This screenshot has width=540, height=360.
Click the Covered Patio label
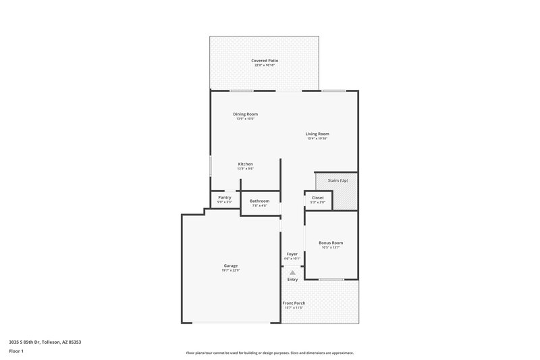[x=265, y=61]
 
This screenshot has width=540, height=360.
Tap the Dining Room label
[x=245, y=114]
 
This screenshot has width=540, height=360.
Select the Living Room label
[x=317, y=134]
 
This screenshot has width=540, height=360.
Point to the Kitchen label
[x=245, y=164]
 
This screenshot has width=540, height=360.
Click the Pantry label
[x=225, y=197]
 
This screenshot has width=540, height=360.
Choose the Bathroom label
[x=259, y=201]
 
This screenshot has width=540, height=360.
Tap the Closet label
[x=317, y=198]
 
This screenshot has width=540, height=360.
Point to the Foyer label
[x=292, y=254]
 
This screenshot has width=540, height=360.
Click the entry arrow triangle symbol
[x=292, y=272]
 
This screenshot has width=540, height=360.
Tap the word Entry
[x=292, y=280]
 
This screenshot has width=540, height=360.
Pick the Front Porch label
[x=294, y=303]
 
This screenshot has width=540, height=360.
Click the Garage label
[x=230, y=265]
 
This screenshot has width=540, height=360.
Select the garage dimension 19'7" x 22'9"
[x=230, y=270]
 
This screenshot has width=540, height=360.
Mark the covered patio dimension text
[x=265, y=66]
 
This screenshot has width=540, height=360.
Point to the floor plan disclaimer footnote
[x=269, y=353]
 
